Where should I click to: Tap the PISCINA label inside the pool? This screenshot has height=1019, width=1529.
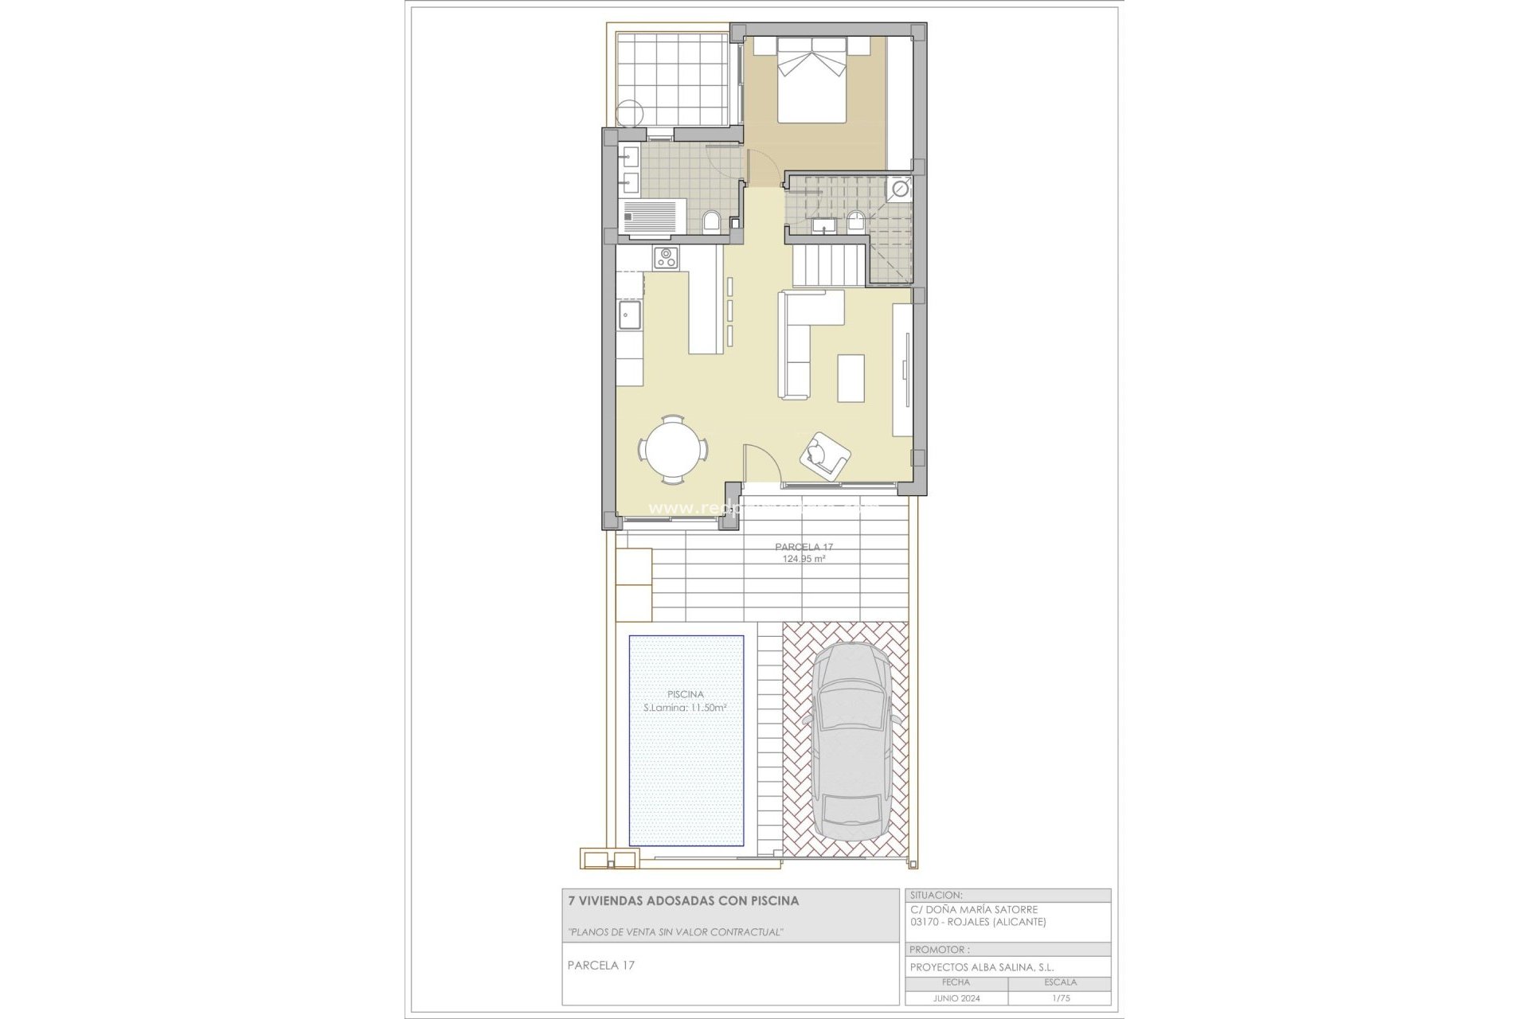point(686,694)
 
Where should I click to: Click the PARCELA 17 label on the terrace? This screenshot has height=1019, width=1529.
point(804,547)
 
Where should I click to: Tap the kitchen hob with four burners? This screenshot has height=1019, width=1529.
point(667,257)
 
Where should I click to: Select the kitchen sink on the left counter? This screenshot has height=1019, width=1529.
point(632,315)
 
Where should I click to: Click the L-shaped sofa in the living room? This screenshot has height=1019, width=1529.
point(800,342)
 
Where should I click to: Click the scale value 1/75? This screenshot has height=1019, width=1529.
point(1059,998)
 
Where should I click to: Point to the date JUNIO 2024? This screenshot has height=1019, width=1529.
point(956,998)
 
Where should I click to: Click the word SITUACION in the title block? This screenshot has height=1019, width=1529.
point(937,895)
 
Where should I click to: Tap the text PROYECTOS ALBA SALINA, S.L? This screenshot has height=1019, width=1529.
point(982,967)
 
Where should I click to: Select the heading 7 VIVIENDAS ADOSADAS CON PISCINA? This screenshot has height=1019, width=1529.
point(682,901)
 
